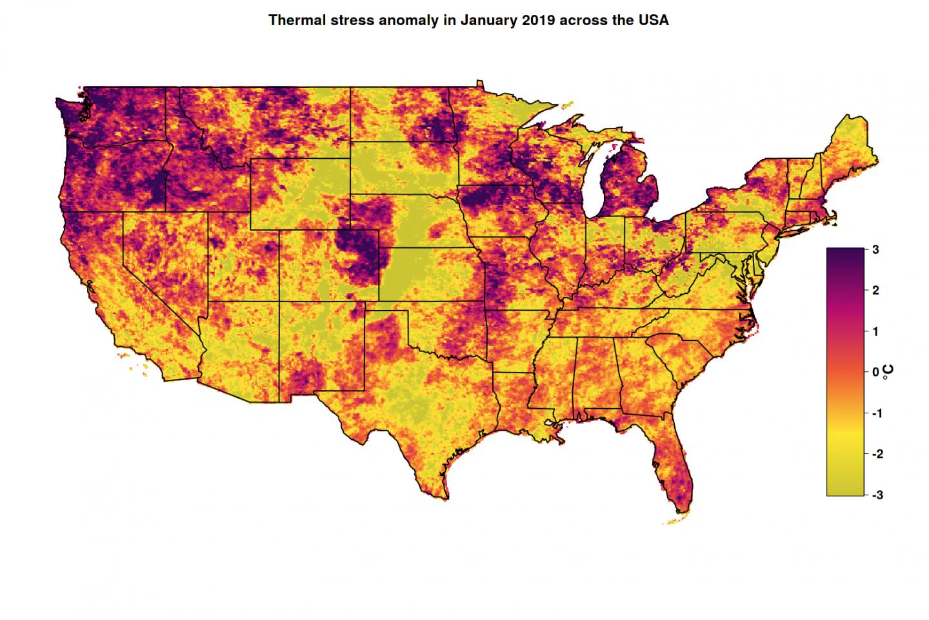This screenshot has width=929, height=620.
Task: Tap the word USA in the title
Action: pos(654,20)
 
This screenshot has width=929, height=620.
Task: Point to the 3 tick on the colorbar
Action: pos(875,249)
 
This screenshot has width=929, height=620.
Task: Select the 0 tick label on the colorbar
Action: pos(875,373)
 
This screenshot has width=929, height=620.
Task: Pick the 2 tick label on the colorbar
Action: pos(875,291)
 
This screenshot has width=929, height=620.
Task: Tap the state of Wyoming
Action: pos(300,194)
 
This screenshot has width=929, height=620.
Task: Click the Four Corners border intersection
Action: pos(279,302)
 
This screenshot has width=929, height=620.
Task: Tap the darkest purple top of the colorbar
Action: pos(844,253)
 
